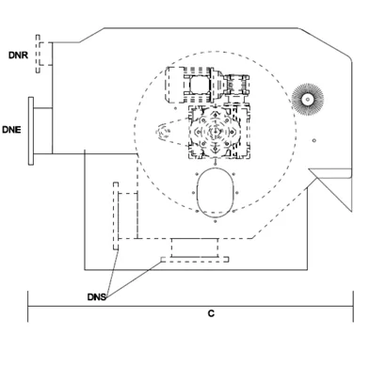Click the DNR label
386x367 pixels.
tap(18, 56)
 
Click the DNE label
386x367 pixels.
tap(11, 130)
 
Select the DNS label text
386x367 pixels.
tap(97, 296)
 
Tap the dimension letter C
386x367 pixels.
tap(211, 313)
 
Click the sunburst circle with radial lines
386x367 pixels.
tap(308, 100)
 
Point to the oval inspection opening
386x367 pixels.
tap(216, 193)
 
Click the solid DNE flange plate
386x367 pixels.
tap(31, 131)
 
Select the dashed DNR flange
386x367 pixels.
tap(38, 54)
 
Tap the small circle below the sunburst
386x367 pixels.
tap(314, 140)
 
